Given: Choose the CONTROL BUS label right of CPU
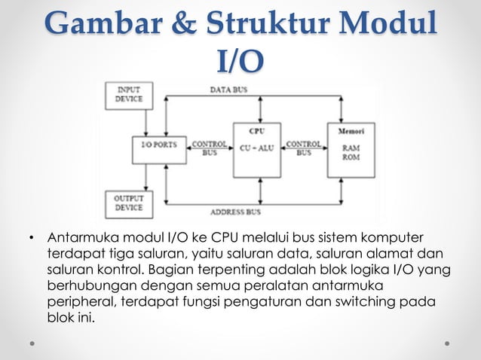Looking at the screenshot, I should pyautogui.click(x=304, y=147).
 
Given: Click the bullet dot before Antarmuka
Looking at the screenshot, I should pyautogui.click(x=31, y=241).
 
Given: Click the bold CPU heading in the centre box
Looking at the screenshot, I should pyautogui.click(x=256, y=130).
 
